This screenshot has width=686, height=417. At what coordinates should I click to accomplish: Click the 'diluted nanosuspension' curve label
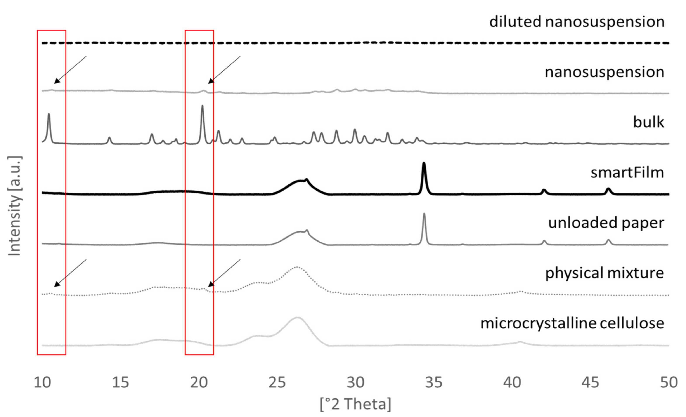point(577,22)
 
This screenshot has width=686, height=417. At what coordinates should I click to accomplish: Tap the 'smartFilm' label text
point(627,173)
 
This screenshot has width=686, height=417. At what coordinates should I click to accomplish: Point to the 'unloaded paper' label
point(606,223)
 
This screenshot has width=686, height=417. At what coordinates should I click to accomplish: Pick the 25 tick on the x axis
point(277,382)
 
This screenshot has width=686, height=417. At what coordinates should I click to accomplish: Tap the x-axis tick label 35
point(434,382)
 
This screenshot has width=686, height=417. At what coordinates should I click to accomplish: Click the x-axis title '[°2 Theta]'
point(355,404)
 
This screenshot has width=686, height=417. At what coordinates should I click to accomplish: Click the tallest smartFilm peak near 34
point(424,163)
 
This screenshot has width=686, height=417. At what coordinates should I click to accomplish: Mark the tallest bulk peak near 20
point(202,106)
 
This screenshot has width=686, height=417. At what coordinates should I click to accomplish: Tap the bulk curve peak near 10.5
point(49,114)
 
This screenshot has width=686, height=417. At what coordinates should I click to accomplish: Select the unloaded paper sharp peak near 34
point(424,214)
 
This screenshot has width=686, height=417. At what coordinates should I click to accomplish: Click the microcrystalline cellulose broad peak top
point(297,317)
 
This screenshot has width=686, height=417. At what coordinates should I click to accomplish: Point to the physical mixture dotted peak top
point(297,267)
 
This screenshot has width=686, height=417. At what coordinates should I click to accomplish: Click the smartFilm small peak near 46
point(608,189)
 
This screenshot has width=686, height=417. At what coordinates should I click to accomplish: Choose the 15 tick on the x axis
point(120,382)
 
